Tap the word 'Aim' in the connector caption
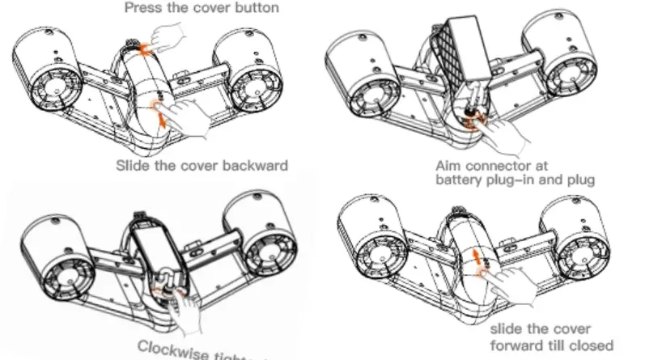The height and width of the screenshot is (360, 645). (447, 167)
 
